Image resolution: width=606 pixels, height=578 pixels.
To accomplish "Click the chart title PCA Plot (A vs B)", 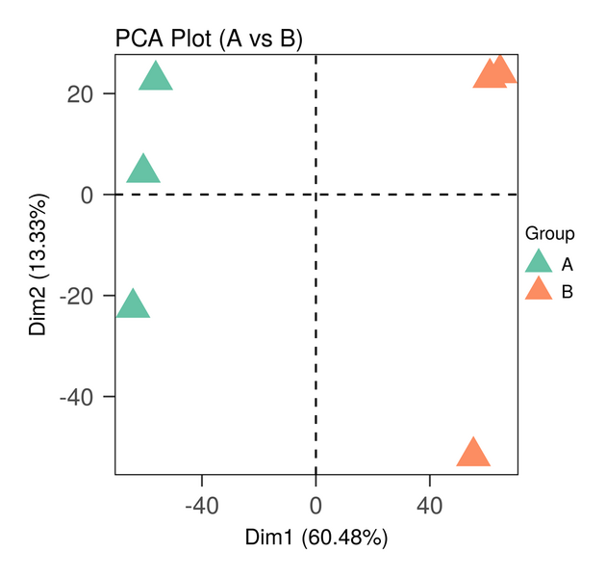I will click(x=209, y=39).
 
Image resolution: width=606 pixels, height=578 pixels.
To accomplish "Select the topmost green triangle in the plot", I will click(x=156, y=77).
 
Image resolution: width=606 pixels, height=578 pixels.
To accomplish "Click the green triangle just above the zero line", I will click(x=143, y=170).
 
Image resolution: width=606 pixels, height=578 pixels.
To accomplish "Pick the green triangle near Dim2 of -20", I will click(x=133, y=304).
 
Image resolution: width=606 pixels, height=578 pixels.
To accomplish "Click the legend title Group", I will click(x=550, y=234).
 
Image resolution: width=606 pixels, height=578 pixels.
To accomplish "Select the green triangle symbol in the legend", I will click(x=539, y=263).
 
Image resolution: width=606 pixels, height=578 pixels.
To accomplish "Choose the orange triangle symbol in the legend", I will click(x=539, y=290).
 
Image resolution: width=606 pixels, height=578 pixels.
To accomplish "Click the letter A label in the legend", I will click(x=568, y=264).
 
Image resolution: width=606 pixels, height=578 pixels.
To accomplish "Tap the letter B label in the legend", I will click(x=568, y=291).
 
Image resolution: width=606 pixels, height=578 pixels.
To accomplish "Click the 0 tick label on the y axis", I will click(x=87, y=196).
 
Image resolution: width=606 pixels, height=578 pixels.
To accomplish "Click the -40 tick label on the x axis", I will click(x=201, y=505).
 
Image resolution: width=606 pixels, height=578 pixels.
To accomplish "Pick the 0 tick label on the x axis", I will click(x=316, y=505).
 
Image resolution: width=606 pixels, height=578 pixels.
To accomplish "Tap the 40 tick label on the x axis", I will click(x=429, y=505).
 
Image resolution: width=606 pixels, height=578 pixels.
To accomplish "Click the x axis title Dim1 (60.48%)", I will click(x=316, y=537).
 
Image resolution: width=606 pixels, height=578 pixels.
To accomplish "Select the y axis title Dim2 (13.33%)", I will click(x=39, y=264).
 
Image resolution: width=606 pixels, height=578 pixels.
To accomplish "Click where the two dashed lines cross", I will click(x=316, y=195).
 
